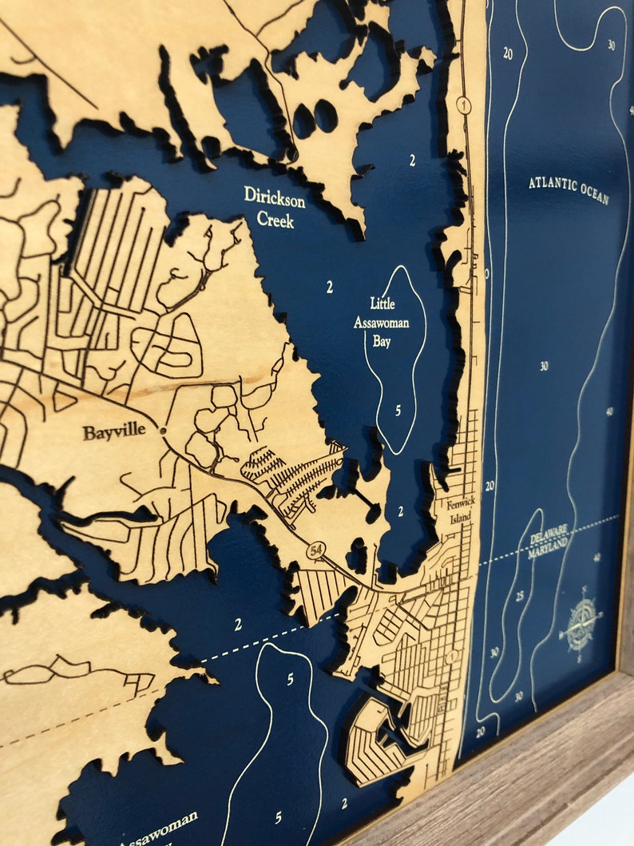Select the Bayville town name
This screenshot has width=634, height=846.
point(114,431)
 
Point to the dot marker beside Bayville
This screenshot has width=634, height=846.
point(162,431)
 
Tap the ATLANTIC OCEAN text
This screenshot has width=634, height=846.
point(568,189)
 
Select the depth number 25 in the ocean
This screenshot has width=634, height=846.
point(519,596)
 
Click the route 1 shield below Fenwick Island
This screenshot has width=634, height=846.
point(453,656)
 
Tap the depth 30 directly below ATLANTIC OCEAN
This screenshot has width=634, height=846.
point(543,367)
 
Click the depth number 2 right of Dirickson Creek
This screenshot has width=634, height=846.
point(412,160)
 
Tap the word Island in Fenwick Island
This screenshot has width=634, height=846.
point(459,519)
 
